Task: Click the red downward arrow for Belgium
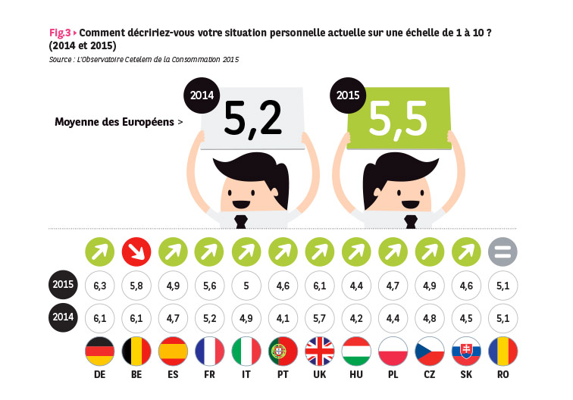click(x=136, y=251)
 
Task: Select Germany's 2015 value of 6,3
click(x=99, y=285)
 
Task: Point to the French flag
click(x=209, y=352)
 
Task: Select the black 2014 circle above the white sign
click(x=202, y=96)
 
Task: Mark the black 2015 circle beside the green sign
click(x=347, y=96)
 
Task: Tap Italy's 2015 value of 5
click(x=246, y=285)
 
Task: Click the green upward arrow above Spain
click(x=173, y=251)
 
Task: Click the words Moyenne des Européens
click(x=114, y=122)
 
